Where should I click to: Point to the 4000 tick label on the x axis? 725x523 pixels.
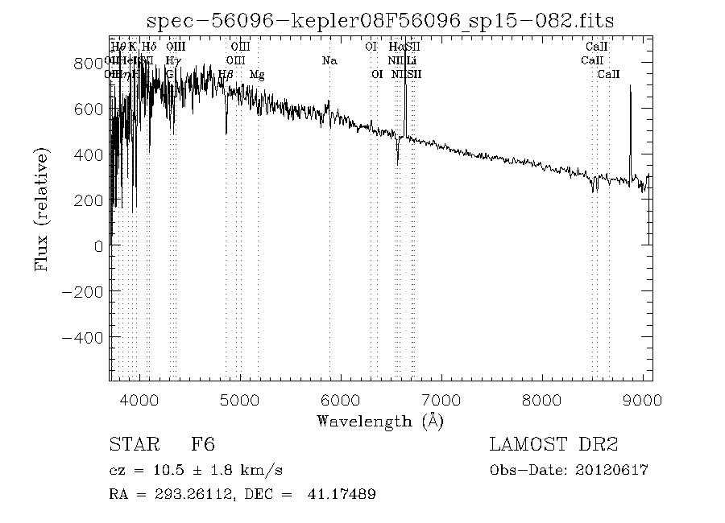click(x=141, y=400)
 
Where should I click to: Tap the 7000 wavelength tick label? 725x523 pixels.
click(x=441, y=400)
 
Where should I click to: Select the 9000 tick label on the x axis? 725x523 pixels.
click(x=642, y=400)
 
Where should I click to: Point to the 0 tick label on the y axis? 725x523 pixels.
click(x=98, y=247)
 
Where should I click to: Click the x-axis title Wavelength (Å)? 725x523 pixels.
click(x=379, y=421)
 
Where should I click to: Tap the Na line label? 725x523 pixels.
click(x=329, y=60)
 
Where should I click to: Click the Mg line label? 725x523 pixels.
click(x=257, y=75)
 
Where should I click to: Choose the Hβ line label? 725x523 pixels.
click(x=226, y=75)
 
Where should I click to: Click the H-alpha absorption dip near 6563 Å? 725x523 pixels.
click(x=397, y=157)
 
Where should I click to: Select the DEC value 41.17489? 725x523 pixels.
click(x=342, y=494)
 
